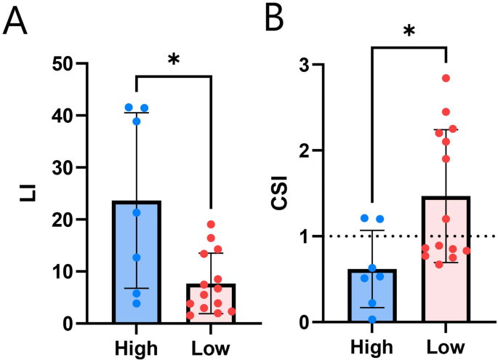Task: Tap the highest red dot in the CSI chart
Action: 446,78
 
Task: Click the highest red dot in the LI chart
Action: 211,225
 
